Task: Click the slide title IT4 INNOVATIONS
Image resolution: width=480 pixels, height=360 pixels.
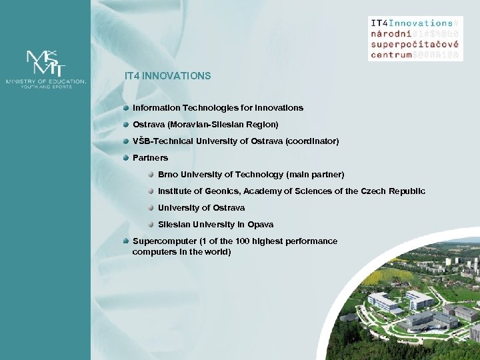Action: pyautogui.click(x=167, y=76)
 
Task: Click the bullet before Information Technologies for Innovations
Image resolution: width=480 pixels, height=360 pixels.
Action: pyautogui.click(x=126, y=107)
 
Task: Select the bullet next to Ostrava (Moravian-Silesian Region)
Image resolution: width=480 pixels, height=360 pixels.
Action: pyautogui.click(x=126, y=125)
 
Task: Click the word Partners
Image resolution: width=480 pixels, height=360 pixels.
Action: pyautogui.click(x=151, y=158)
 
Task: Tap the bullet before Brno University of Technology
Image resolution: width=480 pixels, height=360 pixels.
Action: pyautogui.click(x=151, y=174)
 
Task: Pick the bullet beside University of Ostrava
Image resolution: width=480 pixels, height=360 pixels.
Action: pyautogui.click(x=151, y=207)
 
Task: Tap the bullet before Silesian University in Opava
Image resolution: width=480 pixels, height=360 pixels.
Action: pyautogui.click(x=151, y=224)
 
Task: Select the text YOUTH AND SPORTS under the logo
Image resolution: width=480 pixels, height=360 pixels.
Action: pyautogui.click(x=45, y=86)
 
